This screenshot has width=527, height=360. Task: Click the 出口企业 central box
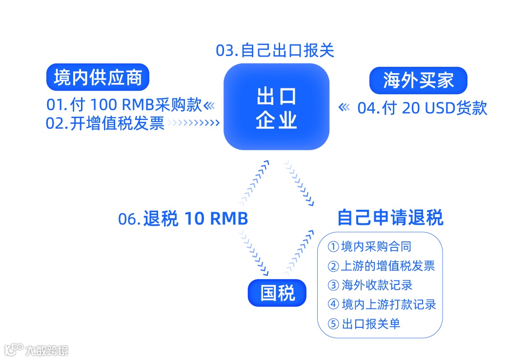point(277,107)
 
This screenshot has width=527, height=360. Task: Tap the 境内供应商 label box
point(98,78)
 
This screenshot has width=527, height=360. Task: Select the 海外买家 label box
point(418,80)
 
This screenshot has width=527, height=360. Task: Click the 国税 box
point(277,293)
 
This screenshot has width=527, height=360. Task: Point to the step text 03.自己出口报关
point(275,50)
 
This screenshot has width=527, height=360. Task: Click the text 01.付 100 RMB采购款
point(124,105)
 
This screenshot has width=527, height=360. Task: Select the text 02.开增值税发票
point(105,123)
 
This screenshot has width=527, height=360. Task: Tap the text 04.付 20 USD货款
point(422,108)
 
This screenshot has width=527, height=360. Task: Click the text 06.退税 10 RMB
point(183,219)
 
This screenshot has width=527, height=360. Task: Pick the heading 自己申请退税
point(390,218)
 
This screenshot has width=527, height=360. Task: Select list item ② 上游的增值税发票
point(381,266)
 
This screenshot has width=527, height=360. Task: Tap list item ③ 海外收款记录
point(370,285)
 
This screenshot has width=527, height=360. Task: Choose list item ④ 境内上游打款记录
point(382,304)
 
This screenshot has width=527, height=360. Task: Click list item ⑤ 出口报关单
point(364,323)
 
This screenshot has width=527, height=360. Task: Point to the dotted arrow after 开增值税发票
point(194,123)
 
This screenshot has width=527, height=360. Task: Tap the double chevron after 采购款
point(209,105)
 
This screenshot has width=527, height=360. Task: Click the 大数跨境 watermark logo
point(37,349)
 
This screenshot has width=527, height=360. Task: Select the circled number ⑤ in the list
point(333,324)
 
